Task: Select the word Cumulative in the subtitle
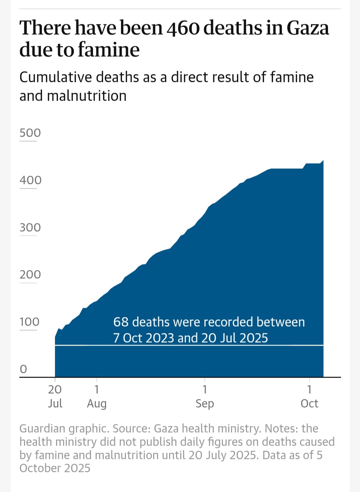pyautogui.click(x=55, y=77)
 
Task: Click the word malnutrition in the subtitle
pyautogui.click(x=87, y=96)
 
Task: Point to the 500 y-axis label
pyautogui.click(x=30, y=133)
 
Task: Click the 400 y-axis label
pyautogui.click(x=30, y=180)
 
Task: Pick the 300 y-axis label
pyautogui.click(x=30, y=228)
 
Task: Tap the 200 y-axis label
pyautogui.click(x=30, y=275)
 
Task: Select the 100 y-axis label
pyautogui.click(x=29, y=322)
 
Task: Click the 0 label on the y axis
pyautogui.click(x=23, y=369)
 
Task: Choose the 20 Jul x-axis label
pyautogui.click(x=55, y=396)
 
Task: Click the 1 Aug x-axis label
pyautogui.click(x=97, y=396)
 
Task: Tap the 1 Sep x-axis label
pyautogui.click(x=205, y=396)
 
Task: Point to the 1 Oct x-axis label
pyautogui.click(x=309, y=396)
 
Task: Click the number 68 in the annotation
pyautogui.click(x=121, y=322)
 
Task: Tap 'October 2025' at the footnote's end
pyautogui.click(x=55, y=468)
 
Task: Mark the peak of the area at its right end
pyautogui.click(x=323, y=161)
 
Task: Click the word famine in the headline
pyautogui.click(x=109, y=50)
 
